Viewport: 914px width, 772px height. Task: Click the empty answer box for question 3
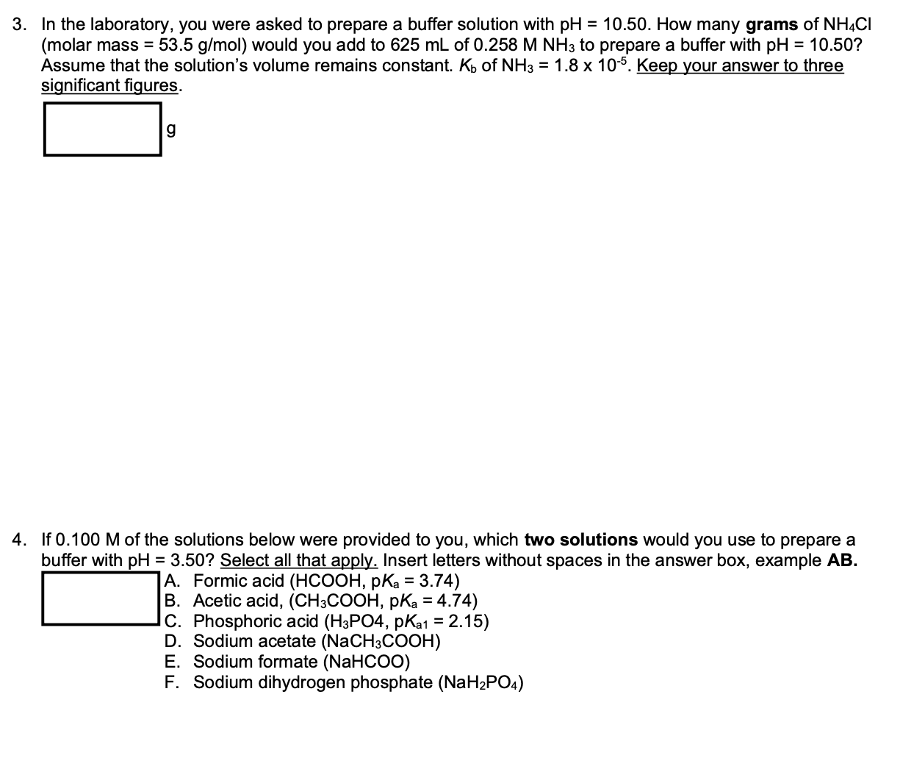click(102, 129)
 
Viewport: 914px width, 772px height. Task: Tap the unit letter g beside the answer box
click(171, 129)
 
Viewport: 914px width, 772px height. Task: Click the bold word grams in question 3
click(771, 24)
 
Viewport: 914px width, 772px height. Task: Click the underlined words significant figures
click(109, 85)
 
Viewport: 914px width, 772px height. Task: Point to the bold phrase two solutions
click(580, 540)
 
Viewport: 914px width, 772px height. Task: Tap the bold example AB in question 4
click(842, 560)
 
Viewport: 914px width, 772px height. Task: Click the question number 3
click(20, 24)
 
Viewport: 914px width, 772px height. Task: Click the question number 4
click(20, 540)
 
